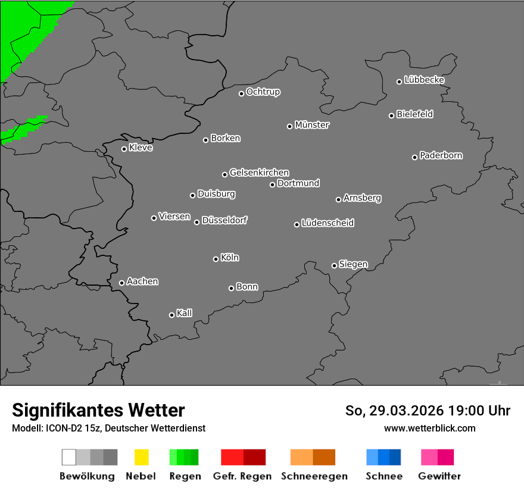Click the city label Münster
click(x=312, y=125)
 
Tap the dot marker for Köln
click(x=216, y=259)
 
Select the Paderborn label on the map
click(x=441, y=155)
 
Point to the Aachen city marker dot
click(x=121, y=283)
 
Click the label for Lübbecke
click(x=425, y=80)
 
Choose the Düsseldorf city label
click(x=224, y=220)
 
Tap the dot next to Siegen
click(x=334, y=265)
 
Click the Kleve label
click(x=141, y=148)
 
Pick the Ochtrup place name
click(x=263, y=92)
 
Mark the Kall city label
click(x=185, y=313)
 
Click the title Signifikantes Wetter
click(x=98, y=410)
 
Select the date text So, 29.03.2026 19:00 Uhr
click(x=428, y=411)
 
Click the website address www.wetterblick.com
click(x=430, y=428)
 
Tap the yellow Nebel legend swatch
click(x=141, y=457)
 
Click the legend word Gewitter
click(x=439, y=476)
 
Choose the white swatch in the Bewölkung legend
click(x=69, y=457)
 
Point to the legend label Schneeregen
click(x=314, y=476)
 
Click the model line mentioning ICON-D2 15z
click(x=108, y=428)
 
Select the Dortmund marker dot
click(x=272, y=185)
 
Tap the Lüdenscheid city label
click(x=328, y=223)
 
